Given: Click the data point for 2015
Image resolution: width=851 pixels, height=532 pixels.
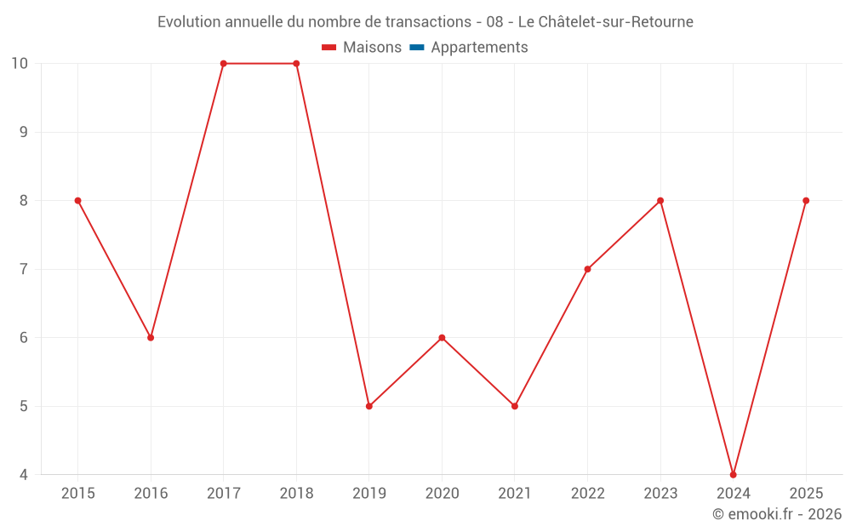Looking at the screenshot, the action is pos(77,201).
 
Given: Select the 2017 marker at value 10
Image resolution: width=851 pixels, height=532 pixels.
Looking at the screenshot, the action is pos(224,64).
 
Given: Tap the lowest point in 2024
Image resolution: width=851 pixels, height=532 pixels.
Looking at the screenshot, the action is pos(734,475).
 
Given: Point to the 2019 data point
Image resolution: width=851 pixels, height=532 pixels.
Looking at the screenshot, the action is pos(369,406).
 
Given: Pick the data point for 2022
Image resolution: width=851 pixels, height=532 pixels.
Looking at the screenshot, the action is pos(588,269).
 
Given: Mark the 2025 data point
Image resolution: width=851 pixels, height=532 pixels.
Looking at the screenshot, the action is pos(806,201).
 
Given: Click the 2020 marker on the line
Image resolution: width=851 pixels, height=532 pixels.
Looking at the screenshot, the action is pos(442,338).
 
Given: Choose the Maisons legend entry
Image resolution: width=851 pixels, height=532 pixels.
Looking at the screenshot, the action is pos(362,47).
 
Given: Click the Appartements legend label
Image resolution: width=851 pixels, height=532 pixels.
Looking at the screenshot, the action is pos(479,47).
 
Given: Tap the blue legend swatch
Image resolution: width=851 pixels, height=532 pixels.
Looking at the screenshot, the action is pos(417,48).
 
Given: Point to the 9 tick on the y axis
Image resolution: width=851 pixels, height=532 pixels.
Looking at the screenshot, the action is pos(23,132).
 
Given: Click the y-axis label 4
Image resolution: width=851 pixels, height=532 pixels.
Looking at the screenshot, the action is pos(23,475).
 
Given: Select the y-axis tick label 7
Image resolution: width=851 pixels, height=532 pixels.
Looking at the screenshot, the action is pos(23,269).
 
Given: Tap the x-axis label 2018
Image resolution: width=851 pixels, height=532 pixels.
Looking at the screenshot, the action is pos(296,494).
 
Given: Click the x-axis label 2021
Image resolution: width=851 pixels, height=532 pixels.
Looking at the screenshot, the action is pos(515,494).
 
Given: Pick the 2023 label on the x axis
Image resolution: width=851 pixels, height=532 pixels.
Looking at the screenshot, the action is pos(660,494).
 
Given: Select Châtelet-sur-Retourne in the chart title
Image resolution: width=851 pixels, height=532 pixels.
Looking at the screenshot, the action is pos(615,22).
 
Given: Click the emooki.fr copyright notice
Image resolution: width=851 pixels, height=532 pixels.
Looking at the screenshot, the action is pos(777,513).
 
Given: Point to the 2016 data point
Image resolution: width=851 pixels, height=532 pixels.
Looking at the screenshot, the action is pos(151,338).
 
